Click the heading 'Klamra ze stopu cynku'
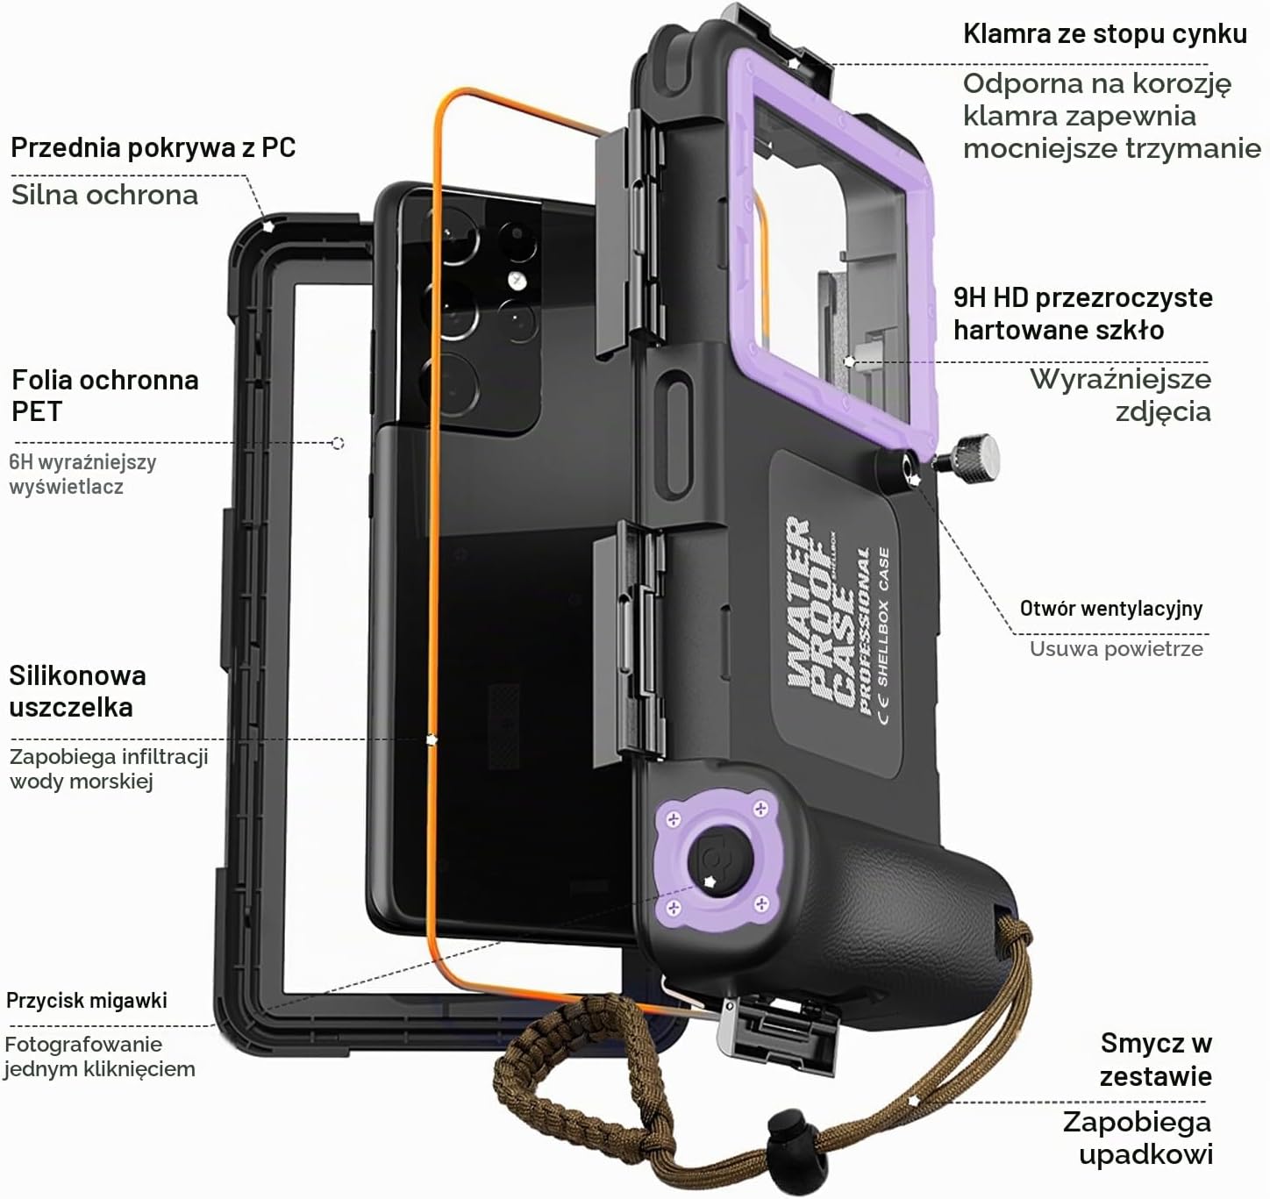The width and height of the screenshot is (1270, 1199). (x=1104, y=34)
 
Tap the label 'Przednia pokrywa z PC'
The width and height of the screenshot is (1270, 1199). (x=153, y=148)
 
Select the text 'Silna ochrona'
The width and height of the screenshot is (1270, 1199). (x=105, y=195)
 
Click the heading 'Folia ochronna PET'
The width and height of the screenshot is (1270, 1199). (x=105, y=396)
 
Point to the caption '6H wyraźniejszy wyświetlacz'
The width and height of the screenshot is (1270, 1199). (x=82, y=475)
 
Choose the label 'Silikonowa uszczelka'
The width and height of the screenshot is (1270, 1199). (x=77, y=692)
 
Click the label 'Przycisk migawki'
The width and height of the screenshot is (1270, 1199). (x=86, y=1000)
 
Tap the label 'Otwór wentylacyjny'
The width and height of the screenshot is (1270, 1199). (x=1110, y=609)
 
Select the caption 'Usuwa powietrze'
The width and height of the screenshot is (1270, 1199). (x=1116, y=649)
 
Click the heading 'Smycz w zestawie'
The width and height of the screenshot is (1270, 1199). (x=1155, y=1060)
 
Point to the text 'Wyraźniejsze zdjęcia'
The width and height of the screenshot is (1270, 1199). (x=1120, y=395)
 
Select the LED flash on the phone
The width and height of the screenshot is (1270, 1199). (x=516, y=280)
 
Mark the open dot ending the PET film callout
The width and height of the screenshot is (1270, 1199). (x=339, y=443)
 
